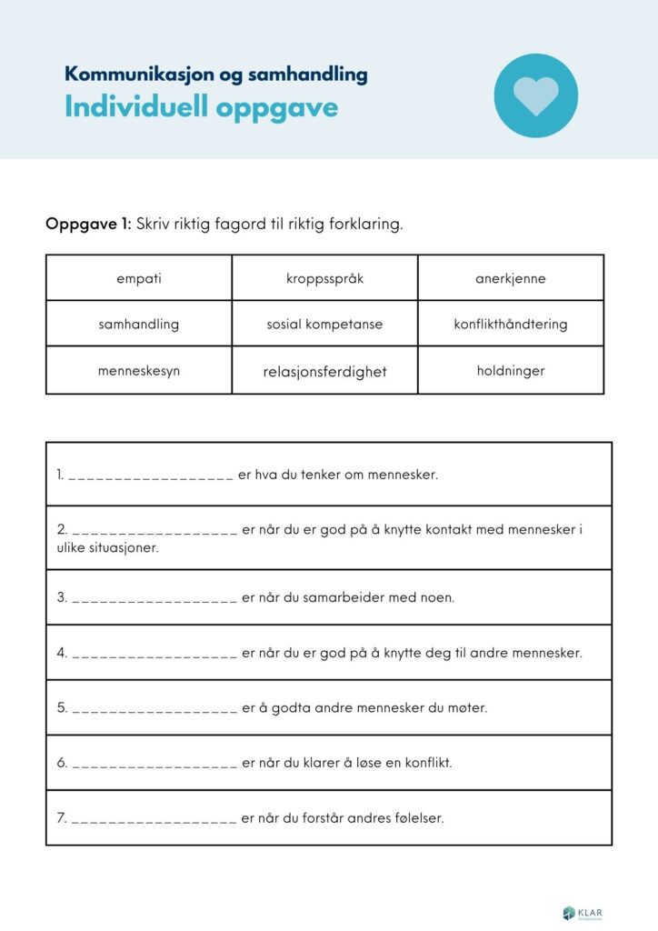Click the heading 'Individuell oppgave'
[x=201, y=107]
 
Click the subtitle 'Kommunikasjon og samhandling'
[x=215, y=75]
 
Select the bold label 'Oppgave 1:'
[x=88, y=224]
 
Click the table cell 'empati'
[x=139, y=278]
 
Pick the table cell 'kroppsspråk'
[x=324, y=278]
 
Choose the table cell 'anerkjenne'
[x=510, y=278]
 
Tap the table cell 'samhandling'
[x=139, y=324]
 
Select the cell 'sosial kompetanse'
[x=324, y=324]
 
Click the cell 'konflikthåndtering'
[x=510, y=324]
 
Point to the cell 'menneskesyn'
[x=139, y=371]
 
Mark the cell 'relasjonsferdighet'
[x=324, y=371]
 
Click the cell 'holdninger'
[x=510, y=371]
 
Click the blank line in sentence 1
[x=151, y=476]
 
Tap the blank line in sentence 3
[x=155, y=599]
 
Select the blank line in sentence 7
[x=155, y=819]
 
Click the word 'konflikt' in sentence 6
[x=426, y=763]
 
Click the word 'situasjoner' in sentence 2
[x=119, y=547]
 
